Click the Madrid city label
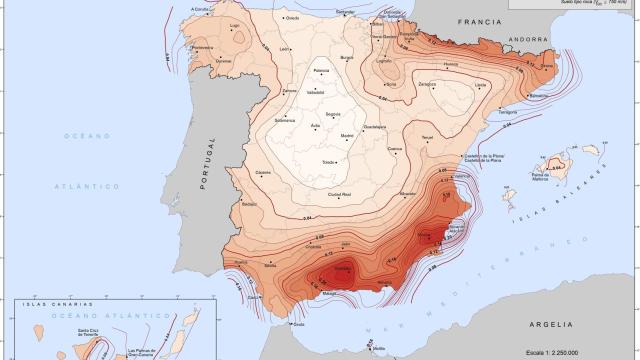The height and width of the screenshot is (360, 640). click(348, 135)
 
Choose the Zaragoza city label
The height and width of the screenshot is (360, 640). click(427, 84)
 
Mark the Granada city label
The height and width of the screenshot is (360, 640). click(340, 268)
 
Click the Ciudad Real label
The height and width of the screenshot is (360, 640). click(342, 193)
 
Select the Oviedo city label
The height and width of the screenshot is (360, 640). click(293, 17)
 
